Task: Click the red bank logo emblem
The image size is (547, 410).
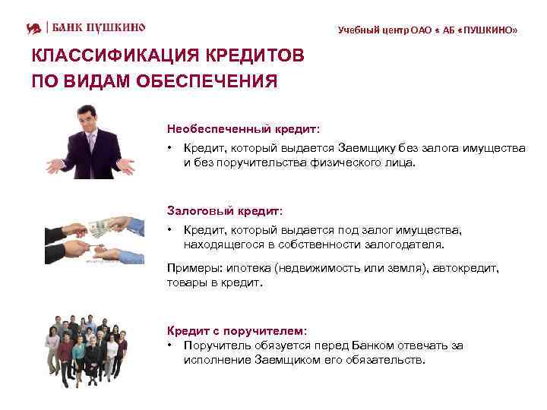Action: [x=34, y=28]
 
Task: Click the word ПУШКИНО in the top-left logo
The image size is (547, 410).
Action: [x=112, y=28]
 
